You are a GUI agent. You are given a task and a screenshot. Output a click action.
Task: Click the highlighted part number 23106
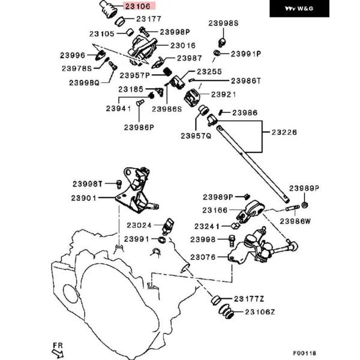(139, 7)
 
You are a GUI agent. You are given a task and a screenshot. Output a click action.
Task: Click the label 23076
(203, 257)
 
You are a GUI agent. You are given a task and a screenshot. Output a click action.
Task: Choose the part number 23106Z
(259, 312)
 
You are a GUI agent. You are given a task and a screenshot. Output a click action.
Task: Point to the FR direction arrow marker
(57, 349)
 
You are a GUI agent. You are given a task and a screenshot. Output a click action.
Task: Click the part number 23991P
(246, 53)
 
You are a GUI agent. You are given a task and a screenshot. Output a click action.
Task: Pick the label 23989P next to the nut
(305, 188)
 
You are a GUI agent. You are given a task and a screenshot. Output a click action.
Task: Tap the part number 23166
(215, 210)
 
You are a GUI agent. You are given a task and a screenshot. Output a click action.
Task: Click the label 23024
(139, 226)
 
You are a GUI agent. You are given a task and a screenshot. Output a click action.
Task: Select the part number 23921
(223, 95)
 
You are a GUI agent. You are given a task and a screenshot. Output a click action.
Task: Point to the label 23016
(183, 45)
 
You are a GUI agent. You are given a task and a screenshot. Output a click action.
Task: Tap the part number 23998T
(89, 183)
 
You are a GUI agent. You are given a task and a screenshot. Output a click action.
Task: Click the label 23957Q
(196, 136)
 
